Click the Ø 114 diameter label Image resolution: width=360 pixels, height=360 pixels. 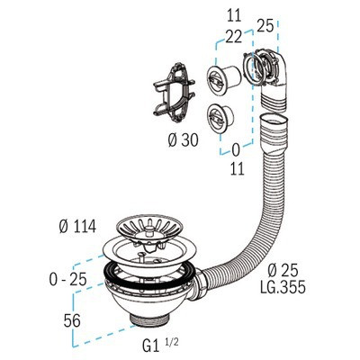(x=77, y=226)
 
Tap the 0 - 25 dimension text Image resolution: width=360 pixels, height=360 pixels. (x=67, y=279)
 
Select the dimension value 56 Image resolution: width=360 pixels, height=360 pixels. (x=72, y=320)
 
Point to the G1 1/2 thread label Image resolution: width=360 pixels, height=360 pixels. (x=160, y=345)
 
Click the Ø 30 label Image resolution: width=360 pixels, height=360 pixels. (x=183, y=140)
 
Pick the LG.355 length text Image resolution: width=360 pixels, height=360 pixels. (x=283, y=287)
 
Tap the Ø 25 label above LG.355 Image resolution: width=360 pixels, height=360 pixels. (x=283, y=271)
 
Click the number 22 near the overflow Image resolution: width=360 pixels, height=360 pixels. (x=233, y=37)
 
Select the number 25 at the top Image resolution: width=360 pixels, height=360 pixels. (x=265, y=26)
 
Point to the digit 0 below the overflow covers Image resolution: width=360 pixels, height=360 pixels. (x=236, y=151)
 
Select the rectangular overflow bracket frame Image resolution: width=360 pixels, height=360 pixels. (x=174, y=93)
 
